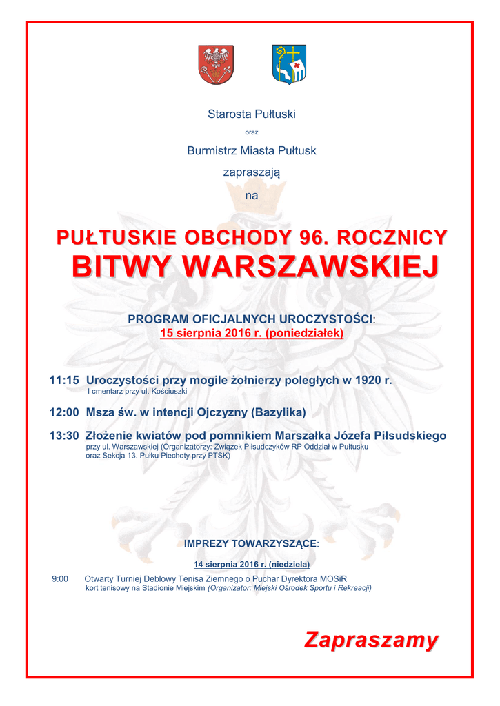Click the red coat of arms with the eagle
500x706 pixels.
[x=216, y=64]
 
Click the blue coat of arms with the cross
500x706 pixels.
[x=289, y=64]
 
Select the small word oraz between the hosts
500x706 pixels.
[x=252, y=132]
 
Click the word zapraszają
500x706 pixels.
[x=252, y=172]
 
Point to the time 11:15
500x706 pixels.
[x=64, y=380]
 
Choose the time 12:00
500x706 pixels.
[x=64, y=413]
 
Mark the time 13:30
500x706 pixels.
[x=64, y=436]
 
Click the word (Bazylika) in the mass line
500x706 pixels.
[x=279, y=413]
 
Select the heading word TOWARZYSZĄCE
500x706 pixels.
[x=273, y=544]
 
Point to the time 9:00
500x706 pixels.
[x=60, y=579]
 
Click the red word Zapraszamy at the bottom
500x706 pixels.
[x=372, y=640]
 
